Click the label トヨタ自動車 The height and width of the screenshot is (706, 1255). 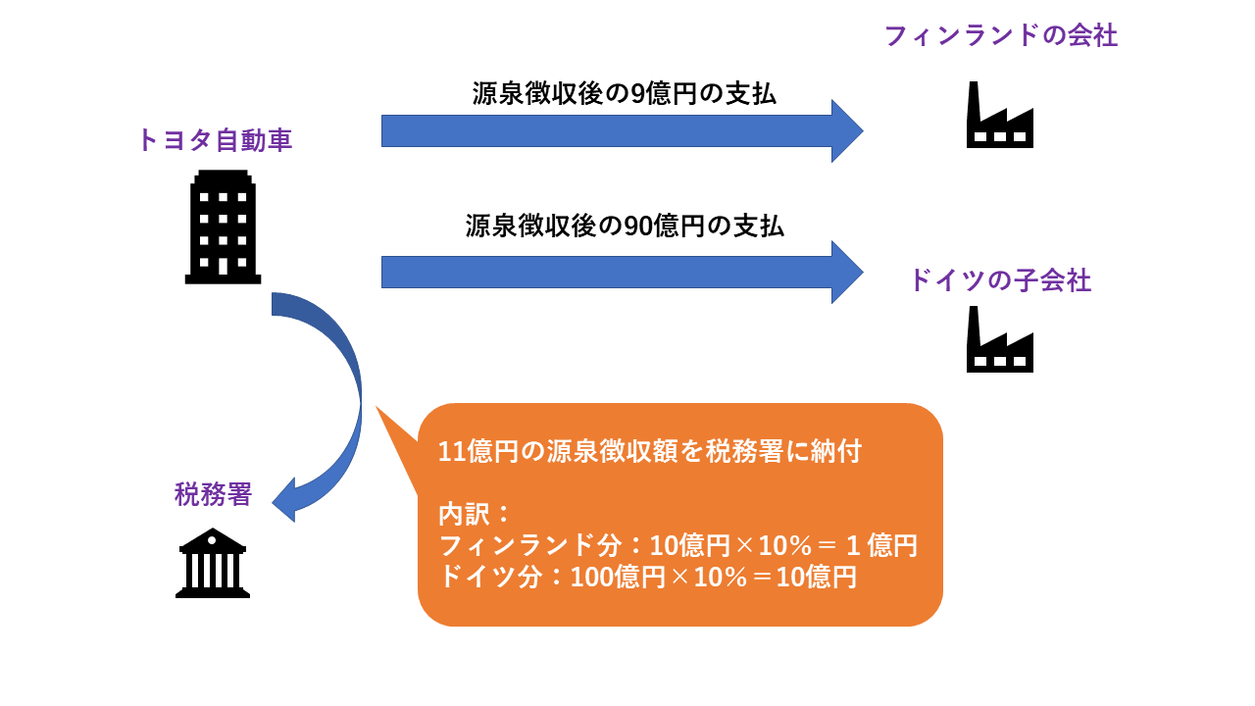click(x=215, y=140)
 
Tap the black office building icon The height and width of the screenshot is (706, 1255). click(x=223, y=227)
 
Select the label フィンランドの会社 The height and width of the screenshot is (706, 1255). click(x=1001, y=36)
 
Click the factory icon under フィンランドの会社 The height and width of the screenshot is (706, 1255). click(x=1000, y=115)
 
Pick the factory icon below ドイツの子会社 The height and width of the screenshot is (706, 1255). click(x=1000, y=339)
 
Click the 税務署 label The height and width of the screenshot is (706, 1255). click(x=213, y=494)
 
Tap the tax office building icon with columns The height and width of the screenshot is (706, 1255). click(x=213, y=563)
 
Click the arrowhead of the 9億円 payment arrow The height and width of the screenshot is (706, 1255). click(x=847, y=131)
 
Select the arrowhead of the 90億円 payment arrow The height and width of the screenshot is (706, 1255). click(x=847, y=273)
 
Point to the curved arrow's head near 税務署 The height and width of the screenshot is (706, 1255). click(x=284, y=500)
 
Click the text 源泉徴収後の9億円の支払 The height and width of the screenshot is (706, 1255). click(x=624, y=93)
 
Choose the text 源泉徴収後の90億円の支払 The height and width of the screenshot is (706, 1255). click(x=625, y=226)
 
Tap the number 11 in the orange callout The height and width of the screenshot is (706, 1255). click(x=452, y=452)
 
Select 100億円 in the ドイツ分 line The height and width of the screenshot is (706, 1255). click(x=618, y=578)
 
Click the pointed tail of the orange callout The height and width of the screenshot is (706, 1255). click(x=376, y=408)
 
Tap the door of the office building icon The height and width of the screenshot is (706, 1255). click(x=223, y=266)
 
